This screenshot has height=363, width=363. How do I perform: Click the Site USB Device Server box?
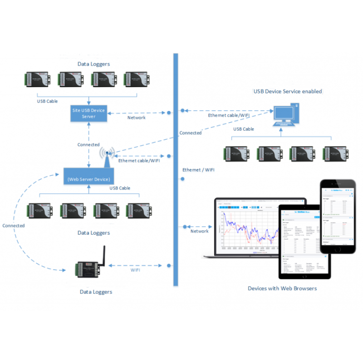click(89, 113)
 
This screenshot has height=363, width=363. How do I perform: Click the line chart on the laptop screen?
click(248, 230)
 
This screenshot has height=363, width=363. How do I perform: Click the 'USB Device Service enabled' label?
click(288, 91)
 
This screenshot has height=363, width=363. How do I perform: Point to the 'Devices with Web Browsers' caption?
click(282, 288)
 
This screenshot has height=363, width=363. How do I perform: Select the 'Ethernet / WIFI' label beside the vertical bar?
click(198, 170)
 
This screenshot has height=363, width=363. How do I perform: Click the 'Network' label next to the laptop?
click(200, 231)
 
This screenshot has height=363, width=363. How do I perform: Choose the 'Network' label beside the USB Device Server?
click(136, 118)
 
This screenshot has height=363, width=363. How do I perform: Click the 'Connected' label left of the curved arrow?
click(13, 226)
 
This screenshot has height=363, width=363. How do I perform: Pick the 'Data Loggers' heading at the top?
click(93, 64)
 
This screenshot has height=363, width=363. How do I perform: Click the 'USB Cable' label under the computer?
click(244, 129)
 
